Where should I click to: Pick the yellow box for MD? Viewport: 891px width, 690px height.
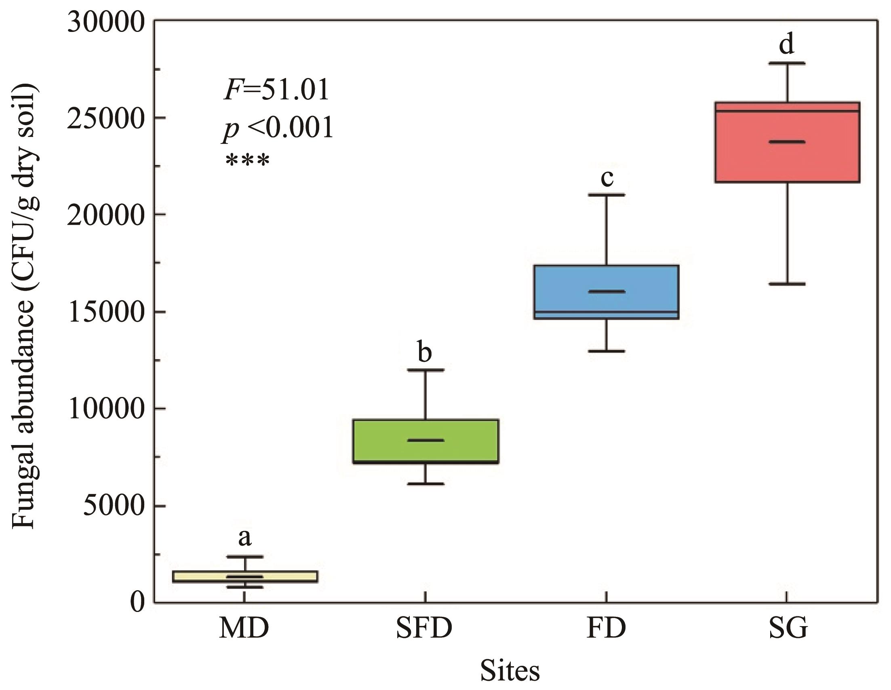click(x=245, y=576)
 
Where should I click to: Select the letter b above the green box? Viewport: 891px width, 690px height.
click(x=425, y=352)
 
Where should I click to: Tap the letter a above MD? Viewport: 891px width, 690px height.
click(x=244, y=538)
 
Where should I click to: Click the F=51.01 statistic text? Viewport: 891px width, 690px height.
click(x=276, y=90)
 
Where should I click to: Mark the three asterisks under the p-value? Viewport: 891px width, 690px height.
click(x=247, y=160)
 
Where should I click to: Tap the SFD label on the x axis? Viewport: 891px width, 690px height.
click(x=424, y=629)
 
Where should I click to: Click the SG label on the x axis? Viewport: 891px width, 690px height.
click(x=788, y=629)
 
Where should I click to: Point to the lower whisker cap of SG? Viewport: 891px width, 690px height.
click(x=787, y=284)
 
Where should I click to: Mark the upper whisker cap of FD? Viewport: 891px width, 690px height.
click(x=607, y=195)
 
